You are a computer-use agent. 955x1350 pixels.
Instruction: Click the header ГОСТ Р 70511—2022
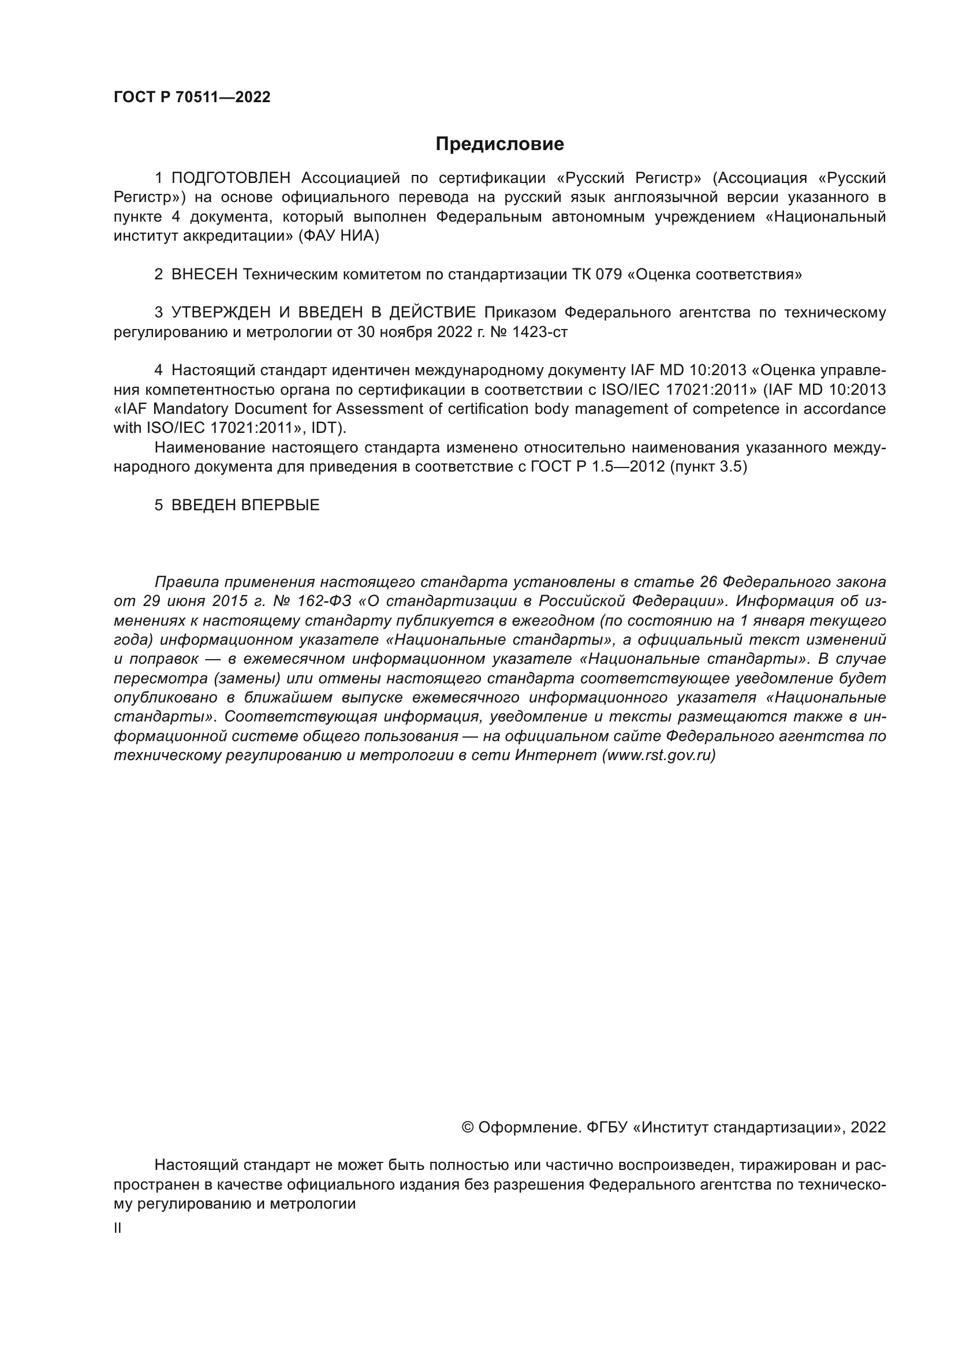pyautogui.click(x=192, y=98)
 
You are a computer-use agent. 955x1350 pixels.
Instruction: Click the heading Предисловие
pyautogui.click(x=499, y=144)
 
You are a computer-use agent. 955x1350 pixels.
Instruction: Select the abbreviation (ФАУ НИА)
pyautogui.click(x=339, y=237)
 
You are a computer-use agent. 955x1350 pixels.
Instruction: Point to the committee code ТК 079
pyautogui.click(x=597, y=275)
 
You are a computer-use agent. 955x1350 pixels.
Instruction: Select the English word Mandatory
pyautogui.click(x=192, y=409)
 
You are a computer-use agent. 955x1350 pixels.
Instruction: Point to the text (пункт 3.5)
pyautogui.click(x=708, y=467)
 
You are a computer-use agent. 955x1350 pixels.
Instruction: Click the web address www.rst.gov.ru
pyautogui.click(x=659, y=756)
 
